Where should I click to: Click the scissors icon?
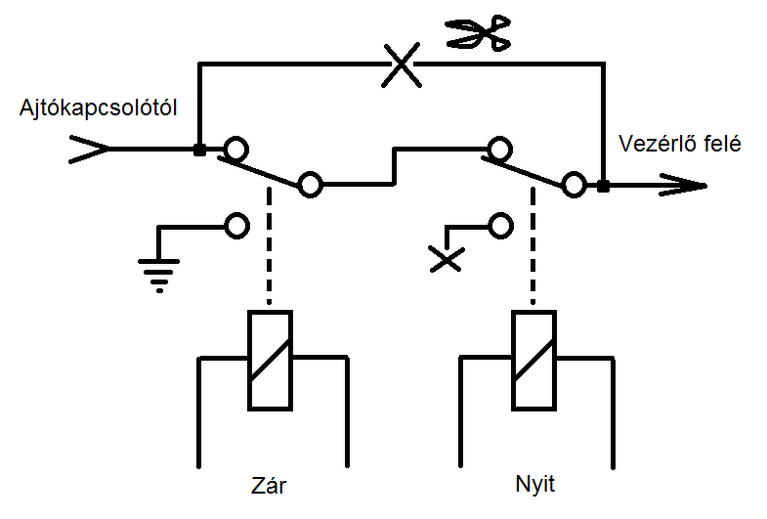478,33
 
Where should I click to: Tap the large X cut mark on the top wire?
402,65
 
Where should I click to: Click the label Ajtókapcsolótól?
98,108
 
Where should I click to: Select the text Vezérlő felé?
679,144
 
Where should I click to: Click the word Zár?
269,485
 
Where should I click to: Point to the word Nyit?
534,484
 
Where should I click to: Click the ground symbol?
159,275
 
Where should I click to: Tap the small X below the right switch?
447,259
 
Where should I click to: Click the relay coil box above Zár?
270,360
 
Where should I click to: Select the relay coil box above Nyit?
533,360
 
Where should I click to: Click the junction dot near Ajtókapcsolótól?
199,150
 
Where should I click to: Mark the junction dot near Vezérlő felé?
604,186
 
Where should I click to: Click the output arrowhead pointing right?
683,186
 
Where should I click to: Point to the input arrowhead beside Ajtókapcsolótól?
90,150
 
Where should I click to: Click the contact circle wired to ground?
237,226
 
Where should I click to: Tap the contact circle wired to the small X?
500,226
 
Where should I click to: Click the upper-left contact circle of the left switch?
236,149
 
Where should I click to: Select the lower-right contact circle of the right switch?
575,185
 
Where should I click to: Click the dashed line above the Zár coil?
269,245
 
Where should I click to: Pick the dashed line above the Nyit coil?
533,245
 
